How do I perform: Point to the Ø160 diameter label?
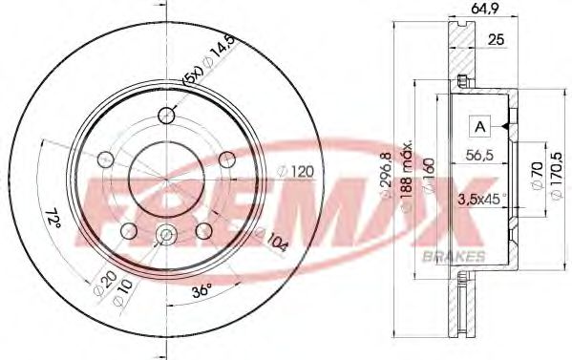[x=430, y=178]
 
